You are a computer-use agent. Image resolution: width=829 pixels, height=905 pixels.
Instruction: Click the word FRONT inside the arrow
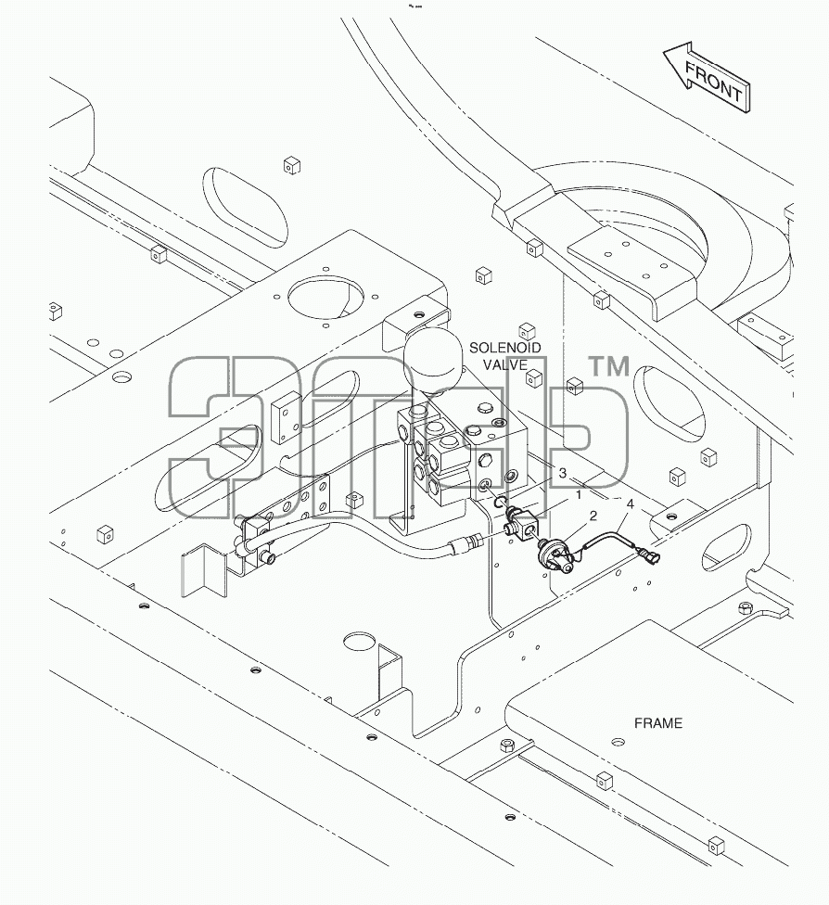pyautogui.click(x=713, y=82)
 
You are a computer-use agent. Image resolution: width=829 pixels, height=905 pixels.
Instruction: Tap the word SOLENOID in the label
pyautogui.click(x=505, y=348)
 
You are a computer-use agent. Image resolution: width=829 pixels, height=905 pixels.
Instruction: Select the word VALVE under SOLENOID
pyautogui.click(x=505, y=364)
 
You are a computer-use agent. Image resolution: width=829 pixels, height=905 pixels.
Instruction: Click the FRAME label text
pyautogui.click(x=658, y=723)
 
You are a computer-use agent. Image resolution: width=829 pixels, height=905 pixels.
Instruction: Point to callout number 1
pyautogui.click(x=579, y=494)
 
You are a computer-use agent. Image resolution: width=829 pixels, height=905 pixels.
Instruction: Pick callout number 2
pyautogui.click(x=593, y=516)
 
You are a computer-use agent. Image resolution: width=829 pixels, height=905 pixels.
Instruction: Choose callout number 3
pyautogui.click(x=562, y=474)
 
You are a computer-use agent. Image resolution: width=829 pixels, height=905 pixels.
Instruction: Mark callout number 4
pyautogui.click(x=631, y=504)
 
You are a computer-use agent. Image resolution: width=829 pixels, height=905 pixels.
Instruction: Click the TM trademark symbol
pyautogui.click(x=608, y=367)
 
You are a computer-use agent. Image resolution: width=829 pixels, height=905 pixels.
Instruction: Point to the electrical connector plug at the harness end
pyautogui.click(x=648, y=556)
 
